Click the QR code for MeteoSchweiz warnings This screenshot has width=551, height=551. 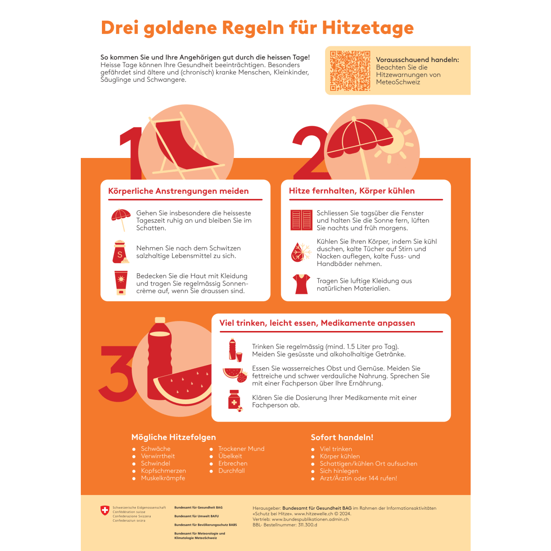click(350, 71)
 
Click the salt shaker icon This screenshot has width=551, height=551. click(120, 252)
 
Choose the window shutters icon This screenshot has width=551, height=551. click(301, 220)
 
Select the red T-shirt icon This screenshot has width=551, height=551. click(301, 284)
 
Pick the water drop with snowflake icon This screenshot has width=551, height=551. click(301, 252)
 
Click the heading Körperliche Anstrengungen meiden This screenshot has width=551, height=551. click(178, 191)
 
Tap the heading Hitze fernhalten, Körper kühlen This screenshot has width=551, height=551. click(352, 191)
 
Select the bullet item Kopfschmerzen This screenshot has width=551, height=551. click(163, 471)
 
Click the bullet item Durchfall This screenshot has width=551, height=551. click(231, 471)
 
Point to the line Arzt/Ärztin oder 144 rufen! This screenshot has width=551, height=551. click(358, 478)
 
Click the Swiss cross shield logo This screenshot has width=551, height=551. click(105, 511)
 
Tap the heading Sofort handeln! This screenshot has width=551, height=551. click(342, 437)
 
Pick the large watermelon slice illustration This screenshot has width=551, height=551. click(184, 386)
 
